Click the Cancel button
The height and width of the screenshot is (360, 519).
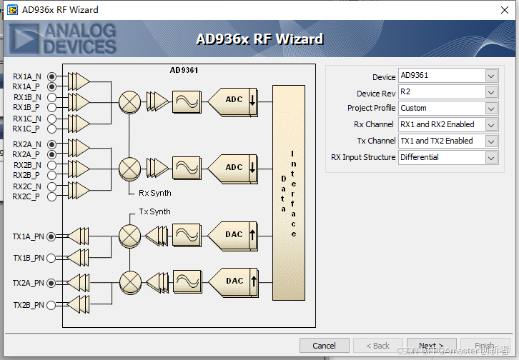[324, 346]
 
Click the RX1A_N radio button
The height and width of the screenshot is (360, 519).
[51, 76]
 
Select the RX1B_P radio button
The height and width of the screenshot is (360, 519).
[51, 107]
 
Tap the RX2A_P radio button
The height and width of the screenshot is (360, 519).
[51, 154]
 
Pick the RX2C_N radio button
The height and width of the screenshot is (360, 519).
[51, 186]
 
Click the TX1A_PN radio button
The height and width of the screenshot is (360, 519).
[51, 236]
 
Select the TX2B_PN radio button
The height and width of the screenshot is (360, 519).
[51, 305]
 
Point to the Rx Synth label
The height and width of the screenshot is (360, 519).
[155, 193]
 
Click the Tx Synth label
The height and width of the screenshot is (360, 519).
[154, 211]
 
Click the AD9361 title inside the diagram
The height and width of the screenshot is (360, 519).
[184, 70]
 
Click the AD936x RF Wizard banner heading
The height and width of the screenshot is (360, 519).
[259, 39]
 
